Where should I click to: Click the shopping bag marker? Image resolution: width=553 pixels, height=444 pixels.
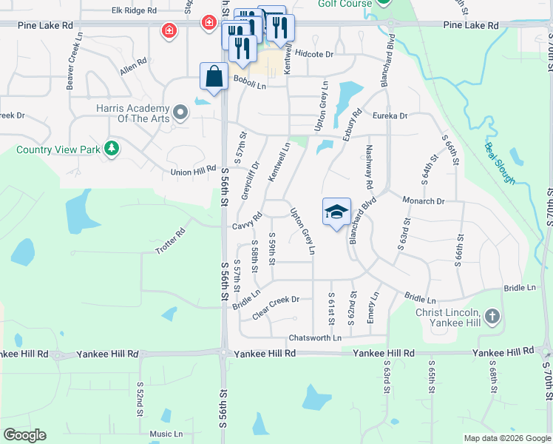coord(214,76)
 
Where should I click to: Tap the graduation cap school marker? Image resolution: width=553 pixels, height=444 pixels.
coord(336,212)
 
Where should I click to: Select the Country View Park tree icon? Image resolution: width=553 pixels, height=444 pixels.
coord(111,149)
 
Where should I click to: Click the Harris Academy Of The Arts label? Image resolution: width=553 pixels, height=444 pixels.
coord(133,113)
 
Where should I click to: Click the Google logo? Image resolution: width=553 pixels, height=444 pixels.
coord(24,435)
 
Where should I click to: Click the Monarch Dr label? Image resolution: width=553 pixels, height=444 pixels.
coord(423,201)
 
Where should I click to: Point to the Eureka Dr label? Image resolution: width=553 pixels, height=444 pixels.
coord(390,115)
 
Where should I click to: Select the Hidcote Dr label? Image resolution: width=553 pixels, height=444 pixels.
coord(314,54)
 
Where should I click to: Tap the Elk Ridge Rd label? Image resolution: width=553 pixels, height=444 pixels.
coord(134,11)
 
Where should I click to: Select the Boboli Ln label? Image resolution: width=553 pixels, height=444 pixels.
coord(249,78)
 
